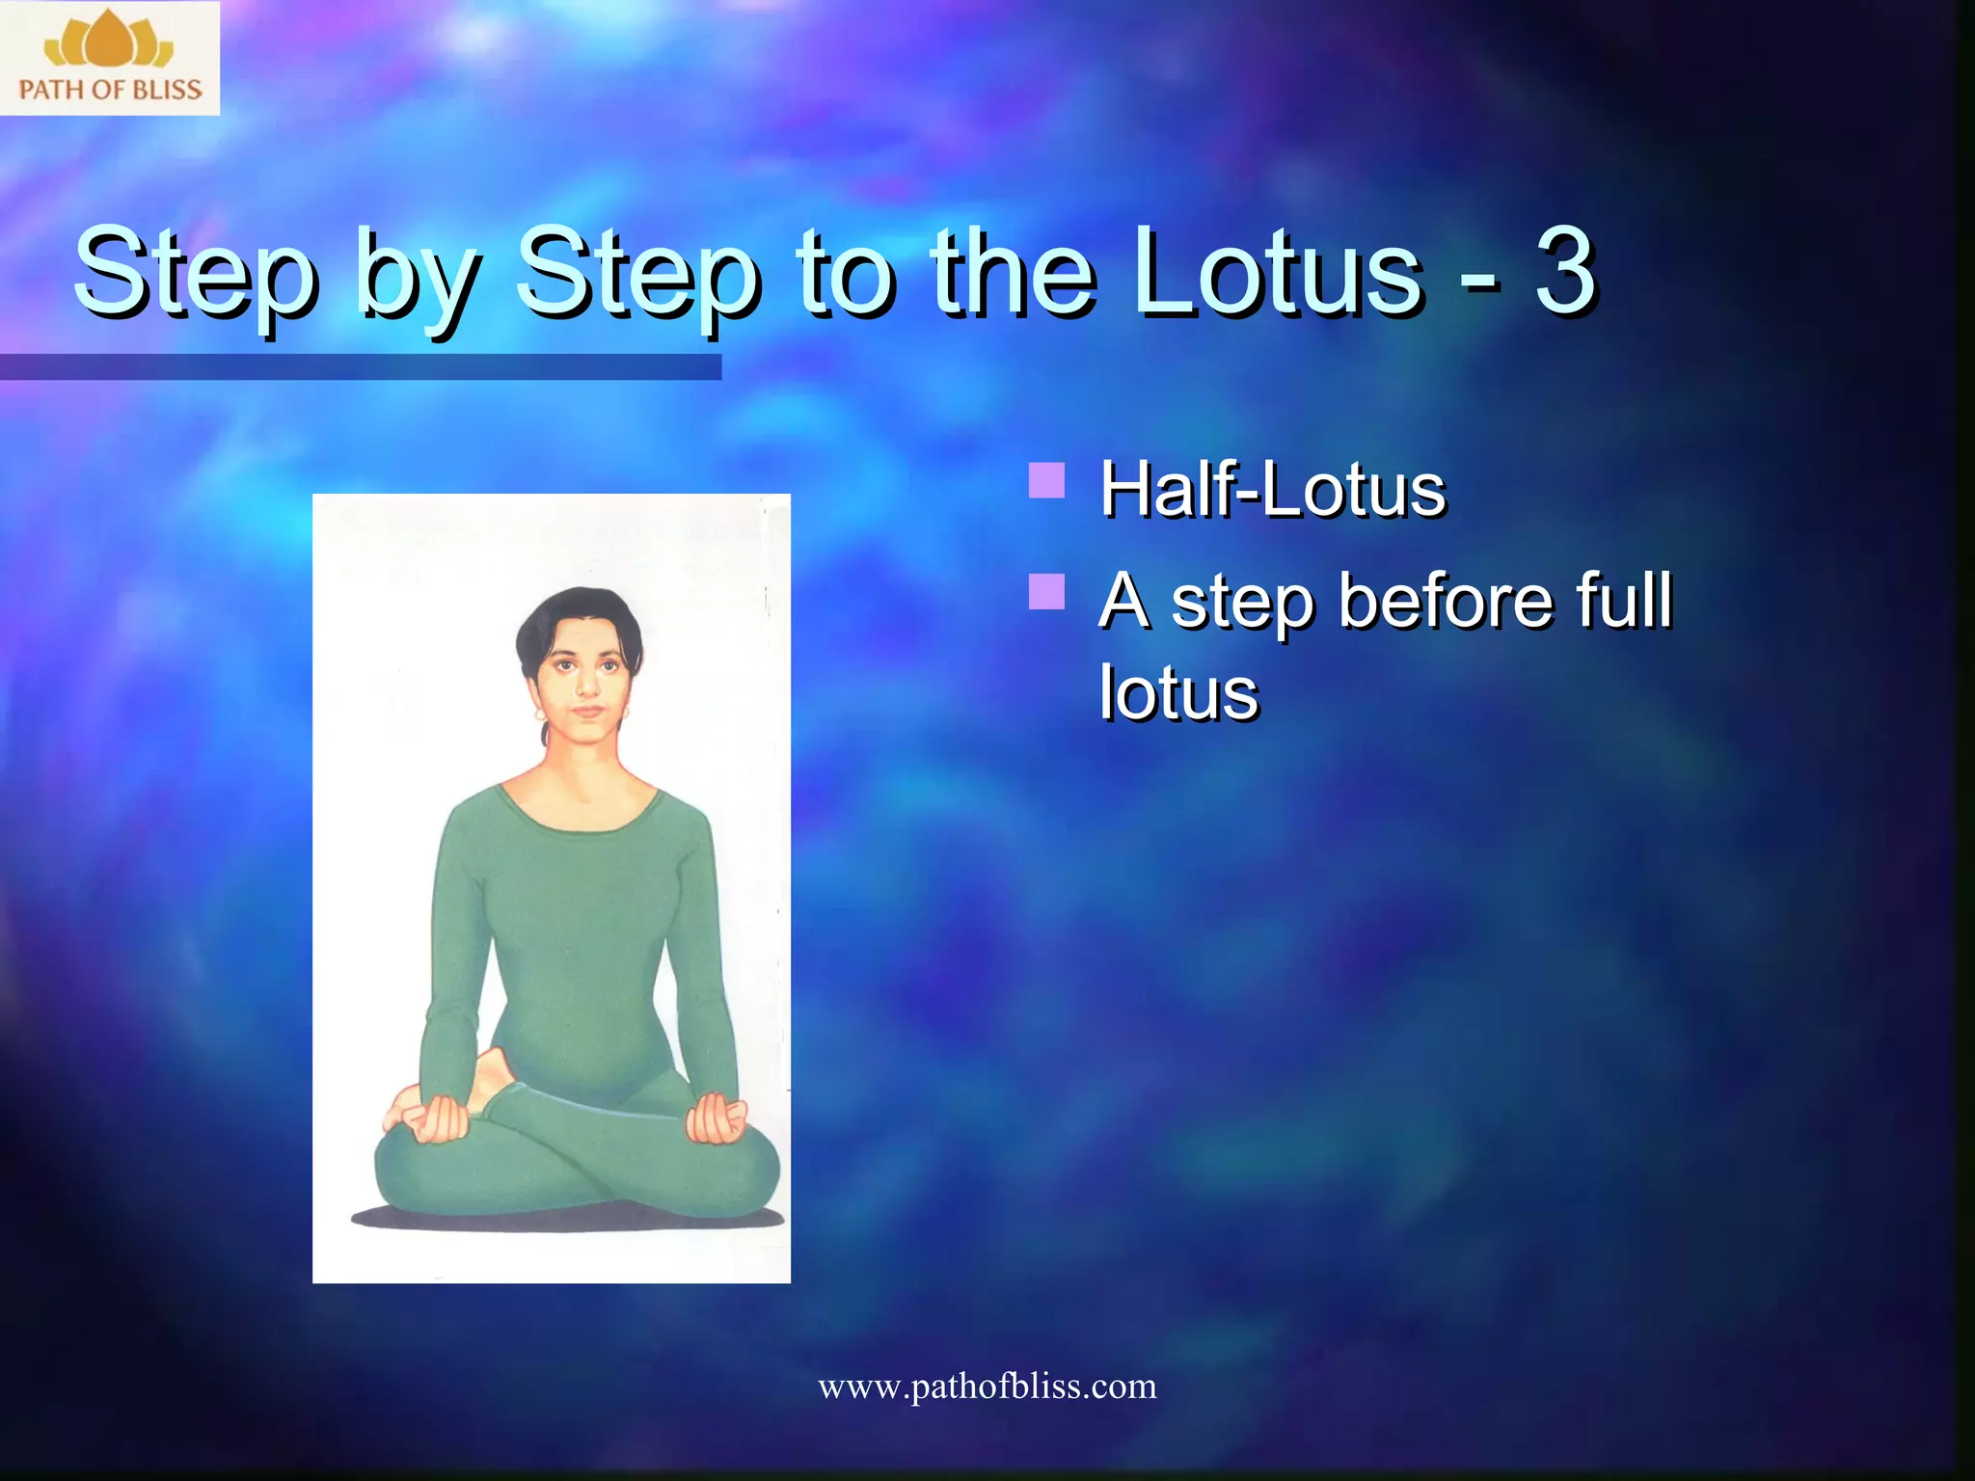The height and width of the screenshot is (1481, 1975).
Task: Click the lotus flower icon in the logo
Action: pos(109,40)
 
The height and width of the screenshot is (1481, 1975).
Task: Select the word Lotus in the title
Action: pos(1277,272)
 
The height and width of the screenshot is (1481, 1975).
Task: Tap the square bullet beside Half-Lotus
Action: pos(1046,479)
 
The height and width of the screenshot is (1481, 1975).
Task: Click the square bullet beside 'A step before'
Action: pos(1046,591)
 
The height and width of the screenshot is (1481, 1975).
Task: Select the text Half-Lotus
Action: pos(1273,489)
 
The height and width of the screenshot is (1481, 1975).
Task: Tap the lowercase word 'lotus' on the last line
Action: pos(1178,692)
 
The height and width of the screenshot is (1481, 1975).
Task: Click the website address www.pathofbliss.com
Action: pos(987,1387)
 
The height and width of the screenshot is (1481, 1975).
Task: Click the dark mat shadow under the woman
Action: pos(569,1219)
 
